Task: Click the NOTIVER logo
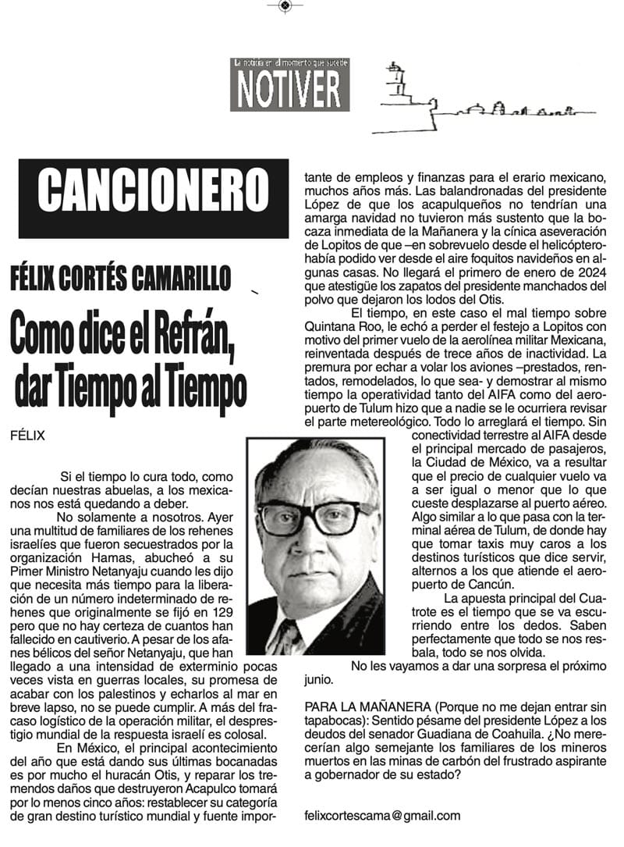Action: pyautogui.click(x=289, y=89)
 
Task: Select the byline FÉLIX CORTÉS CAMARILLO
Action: pyautogui.click(x=122, y=276)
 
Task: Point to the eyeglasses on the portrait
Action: pyautogui.click(x=316, y=517)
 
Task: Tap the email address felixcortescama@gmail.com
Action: pyautogui.click(x=382, y=815)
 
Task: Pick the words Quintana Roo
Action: pyautogui.click(x=341, y=328)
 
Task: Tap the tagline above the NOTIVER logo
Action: pyautogui.click(x=289, y=62)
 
